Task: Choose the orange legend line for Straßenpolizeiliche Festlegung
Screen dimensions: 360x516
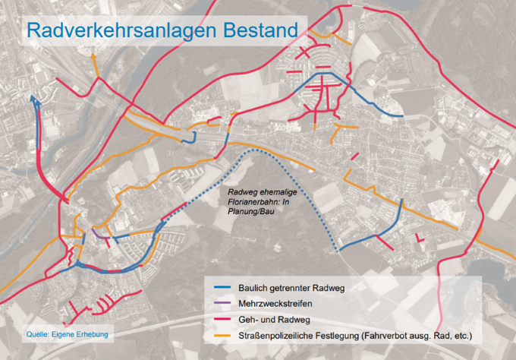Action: coord(222,334)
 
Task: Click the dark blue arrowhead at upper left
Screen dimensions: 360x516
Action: coord(33,98)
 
